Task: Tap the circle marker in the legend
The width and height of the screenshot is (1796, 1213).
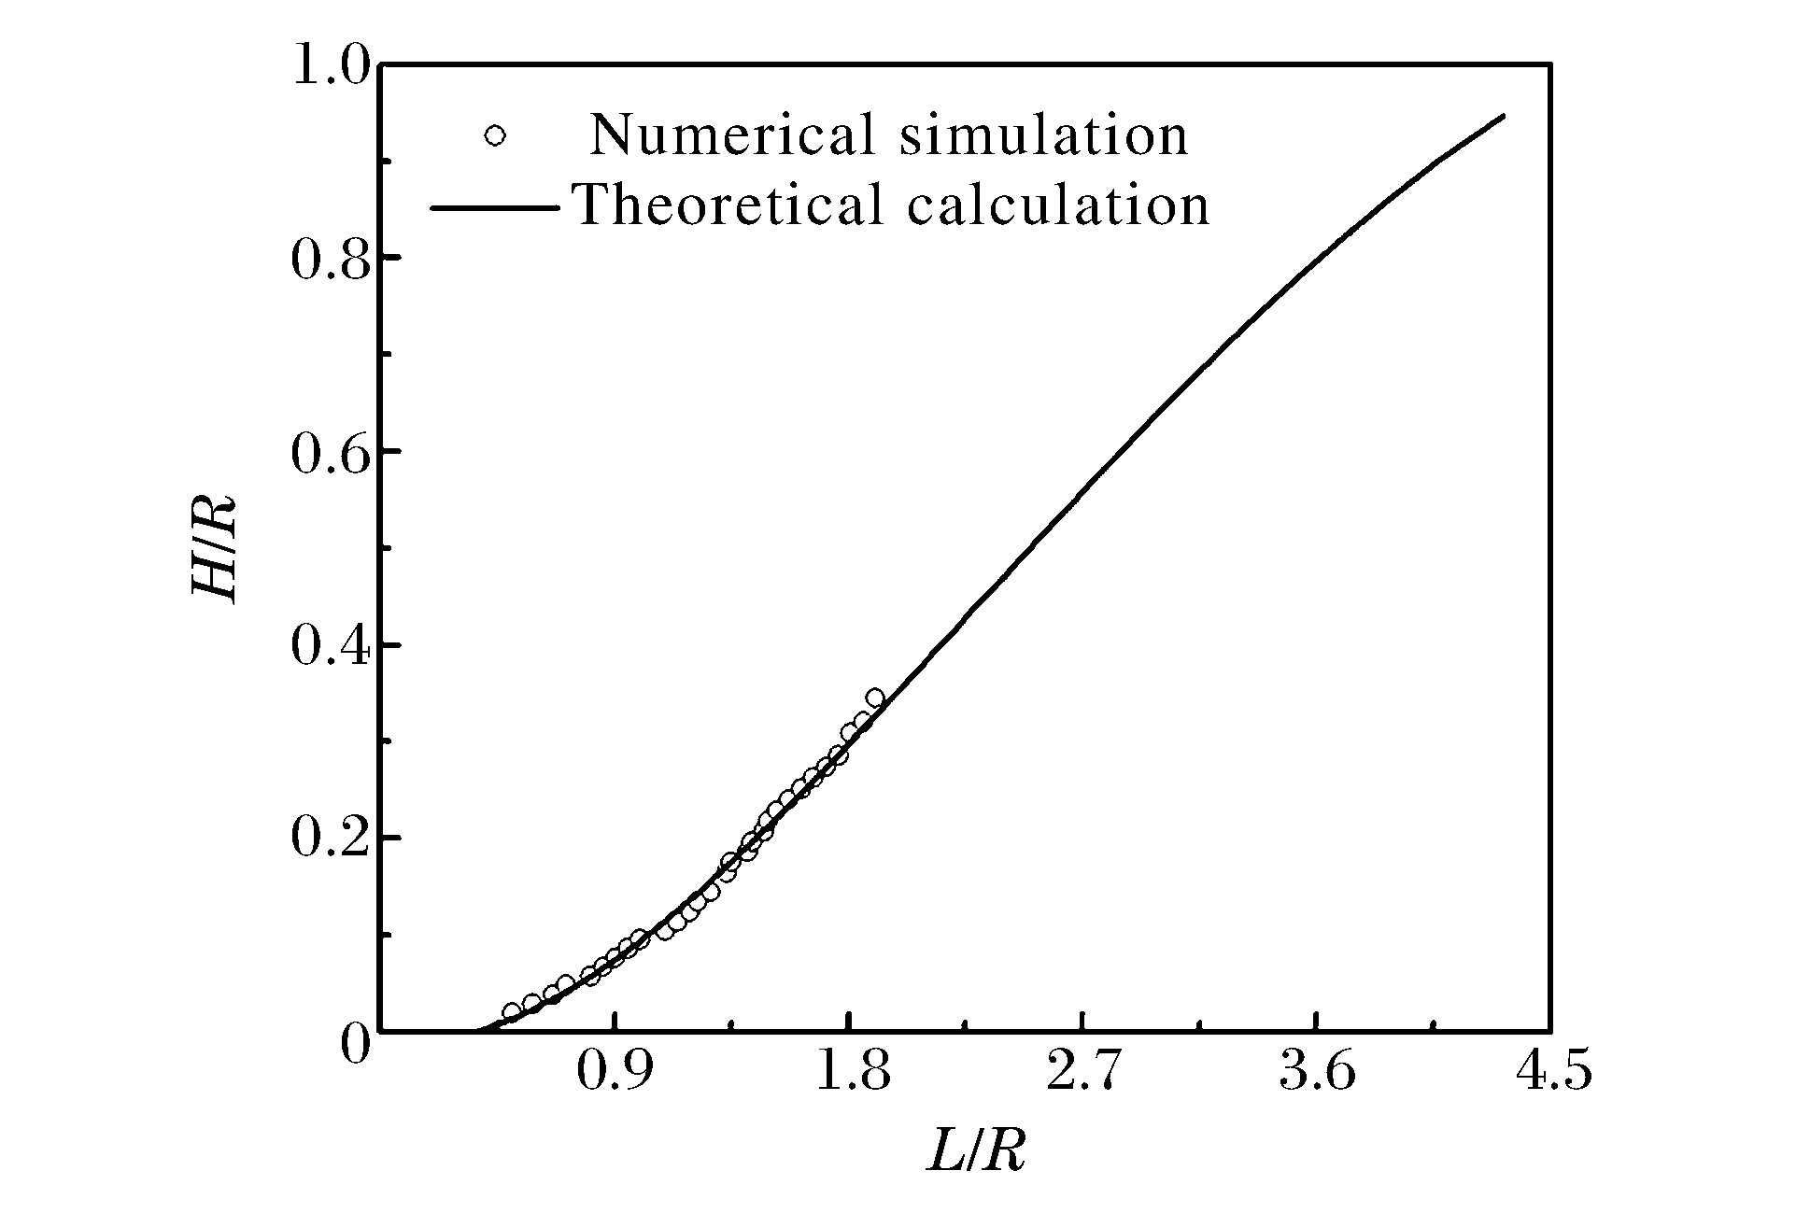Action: [495, 136]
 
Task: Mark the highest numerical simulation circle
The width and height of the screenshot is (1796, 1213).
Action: [875, 698]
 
